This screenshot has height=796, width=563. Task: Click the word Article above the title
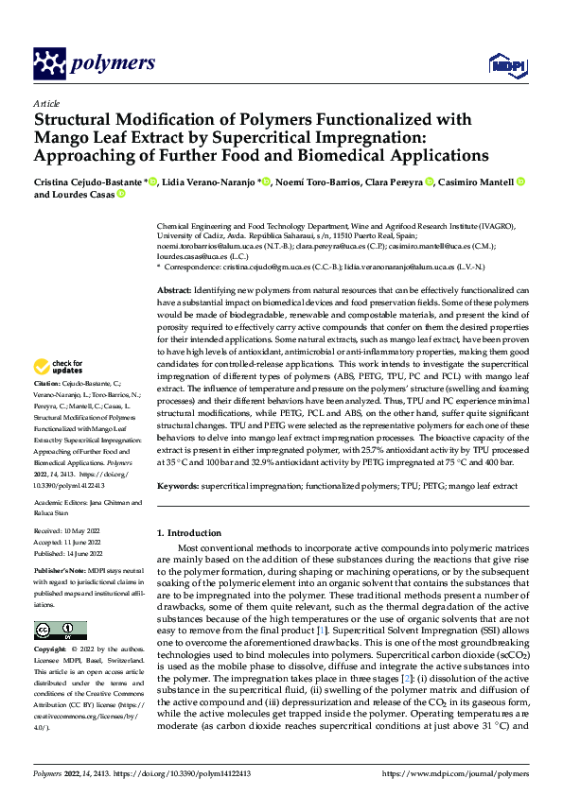coord(46,103)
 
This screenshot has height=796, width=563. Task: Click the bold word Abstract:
coord(175,289)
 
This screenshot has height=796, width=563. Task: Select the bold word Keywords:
coord(179,485)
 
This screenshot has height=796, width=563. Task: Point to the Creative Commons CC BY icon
coord(60,631)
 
